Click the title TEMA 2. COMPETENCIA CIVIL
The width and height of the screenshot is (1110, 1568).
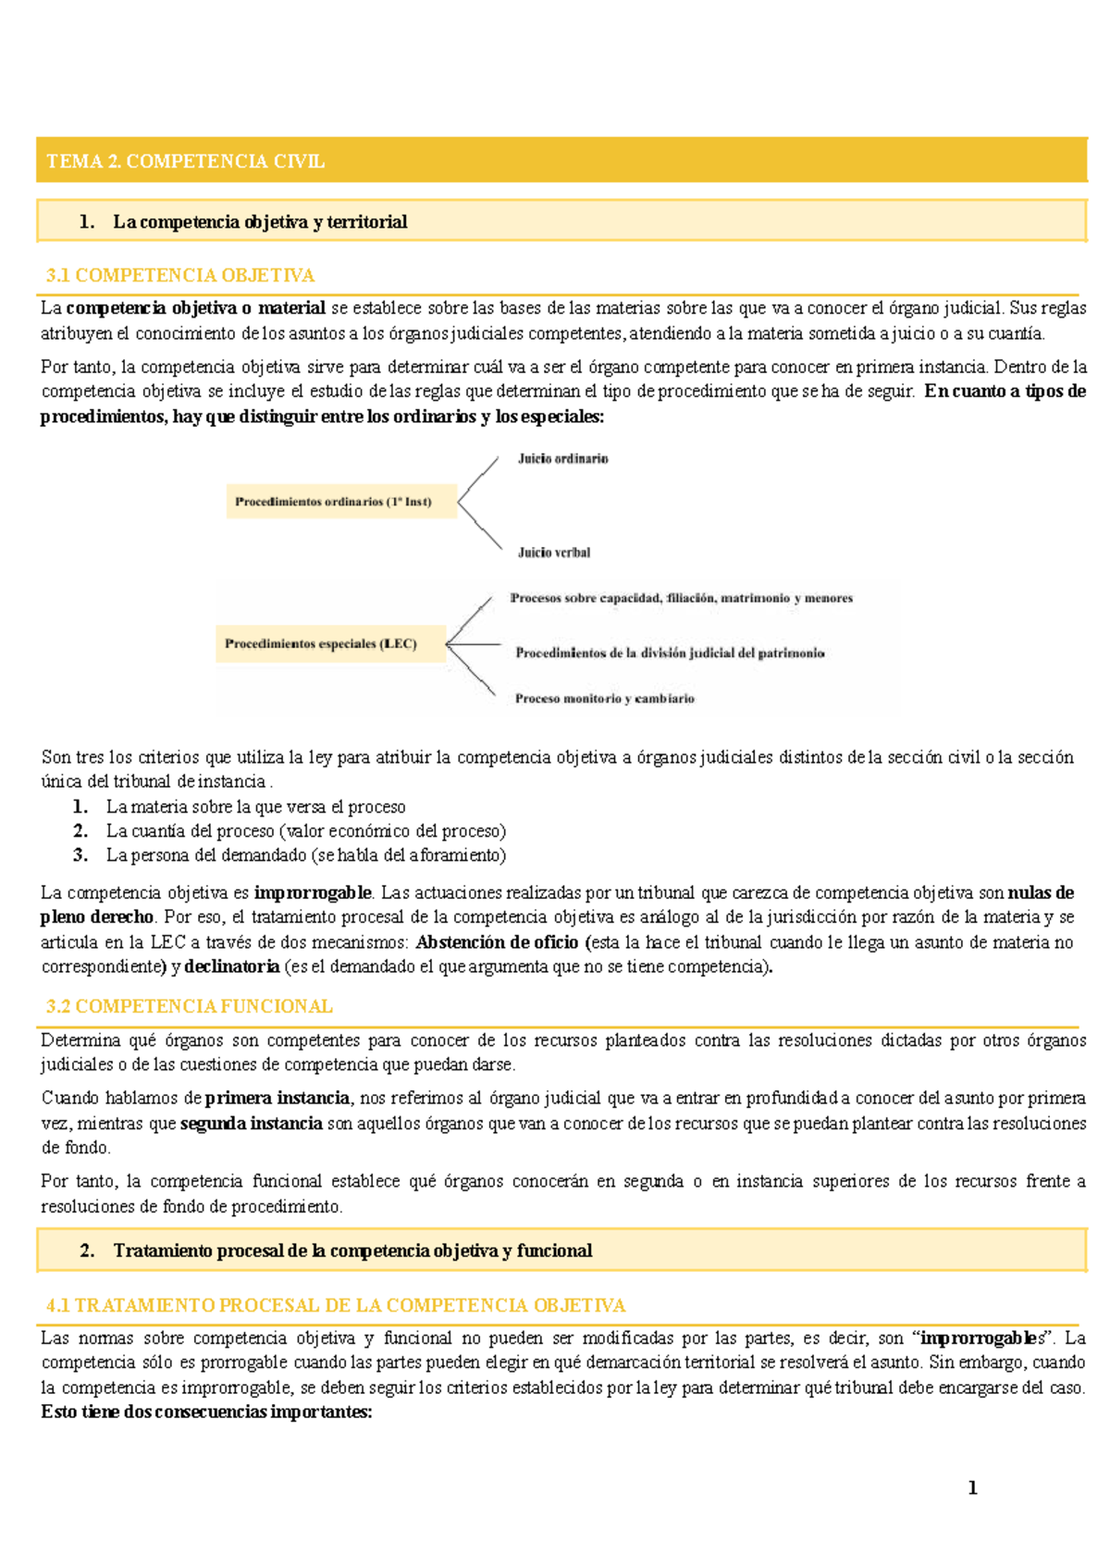[x=185, y=161]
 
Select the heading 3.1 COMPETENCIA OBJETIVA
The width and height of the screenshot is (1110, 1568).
[x=180, y=275]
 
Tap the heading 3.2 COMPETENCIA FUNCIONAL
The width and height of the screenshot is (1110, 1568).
[x=190, y=1006]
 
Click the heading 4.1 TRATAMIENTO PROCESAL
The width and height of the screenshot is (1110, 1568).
[x=336, y=1305]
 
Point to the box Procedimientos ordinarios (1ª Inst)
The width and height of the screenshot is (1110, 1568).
[x=333, y=502]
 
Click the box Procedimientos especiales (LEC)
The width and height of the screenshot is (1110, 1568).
[x=321, y=643]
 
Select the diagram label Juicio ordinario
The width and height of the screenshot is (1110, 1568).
[x=562, y=458]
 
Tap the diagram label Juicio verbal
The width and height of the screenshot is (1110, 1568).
[x=553, y=553]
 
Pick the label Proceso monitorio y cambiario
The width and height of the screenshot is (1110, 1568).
[x=604, y=699]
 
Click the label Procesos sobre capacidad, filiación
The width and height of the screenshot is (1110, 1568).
[x=681, y=598]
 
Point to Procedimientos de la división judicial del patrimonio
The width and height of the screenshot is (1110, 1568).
[x=670, y=653]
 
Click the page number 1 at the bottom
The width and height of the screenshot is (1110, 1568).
[x=972, y=1487]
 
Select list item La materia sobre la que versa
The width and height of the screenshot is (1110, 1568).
[x=255, y=806]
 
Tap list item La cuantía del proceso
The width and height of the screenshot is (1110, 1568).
[x=305, y=830]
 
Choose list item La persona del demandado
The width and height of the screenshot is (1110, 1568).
[x=305, y=854]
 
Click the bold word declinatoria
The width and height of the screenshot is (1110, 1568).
[x=231, y=966]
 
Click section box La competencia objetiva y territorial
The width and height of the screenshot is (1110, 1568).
[x=260, y=221]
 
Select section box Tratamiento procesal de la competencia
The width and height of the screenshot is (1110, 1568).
[x=352, y=1251]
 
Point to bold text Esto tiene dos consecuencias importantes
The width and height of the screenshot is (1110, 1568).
[x=206, y=1412]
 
